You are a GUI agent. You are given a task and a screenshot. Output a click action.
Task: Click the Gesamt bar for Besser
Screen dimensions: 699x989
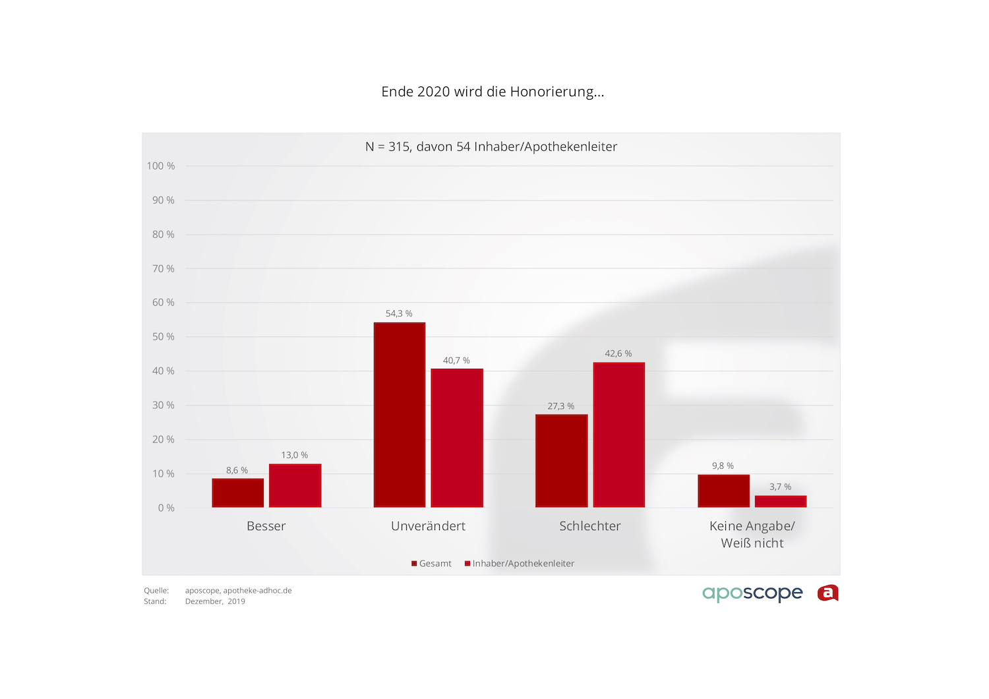point(238,493)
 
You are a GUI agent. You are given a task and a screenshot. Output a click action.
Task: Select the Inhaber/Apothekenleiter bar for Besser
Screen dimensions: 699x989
point(295,485)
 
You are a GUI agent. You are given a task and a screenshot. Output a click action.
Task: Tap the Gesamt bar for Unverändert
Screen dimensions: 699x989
point(400,415)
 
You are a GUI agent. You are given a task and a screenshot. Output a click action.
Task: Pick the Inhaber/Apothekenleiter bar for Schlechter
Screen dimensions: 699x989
point(618,435)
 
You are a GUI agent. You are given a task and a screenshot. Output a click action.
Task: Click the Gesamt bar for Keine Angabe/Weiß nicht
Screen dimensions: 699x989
point(723,491)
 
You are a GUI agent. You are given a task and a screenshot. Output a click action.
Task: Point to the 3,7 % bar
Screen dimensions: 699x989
point(781,501)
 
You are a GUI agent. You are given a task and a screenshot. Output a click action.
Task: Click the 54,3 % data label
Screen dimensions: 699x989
point(399,314)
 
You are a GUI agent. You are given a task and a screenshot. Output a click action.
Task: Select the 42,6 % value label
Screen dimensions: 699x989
point(618,354)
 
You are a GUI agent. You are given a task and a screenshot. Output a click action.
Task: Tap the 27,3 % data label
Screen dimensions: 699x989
point(561,406)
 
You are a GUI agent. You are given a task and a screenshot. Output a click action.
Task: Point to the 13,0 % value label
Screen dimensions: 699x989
point(295,455)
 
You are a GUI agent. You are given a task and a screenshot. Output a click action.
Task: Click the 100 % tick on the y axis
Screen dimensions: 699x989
point(161,166)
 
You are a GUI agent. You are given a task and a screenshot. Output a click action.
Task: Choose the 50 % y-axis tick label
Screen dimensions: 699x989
point(164,337)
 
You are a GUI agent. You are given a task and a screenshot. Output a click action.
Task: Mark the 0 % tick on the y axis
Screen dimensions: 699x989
point(166,508)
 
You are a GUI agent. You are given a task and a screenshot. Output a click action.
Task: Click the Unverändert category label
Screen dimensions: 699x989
point(428,526)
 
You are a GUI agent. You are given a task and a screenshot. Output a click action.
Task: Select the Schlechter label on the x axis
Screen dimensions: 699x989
point(590,526)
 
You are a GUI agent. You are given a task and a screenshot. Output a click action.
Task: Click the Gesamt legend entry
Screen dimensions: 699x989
point(432,564)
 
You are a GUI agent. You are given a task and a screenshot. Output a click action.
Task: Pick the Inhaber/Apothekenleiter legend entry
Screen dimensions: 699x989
point(520,564)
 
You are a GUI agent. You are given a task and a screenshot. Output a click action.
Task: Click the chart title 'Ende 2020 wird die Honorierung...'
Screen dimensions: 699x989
point(493,92)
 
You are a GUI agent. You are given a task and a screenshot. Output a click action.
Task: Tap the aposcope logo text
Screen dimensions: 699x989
point(752,593)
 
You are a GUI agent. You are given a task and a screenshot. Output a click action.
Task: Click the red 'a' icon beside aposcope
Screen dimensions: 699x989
point(828,593)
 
